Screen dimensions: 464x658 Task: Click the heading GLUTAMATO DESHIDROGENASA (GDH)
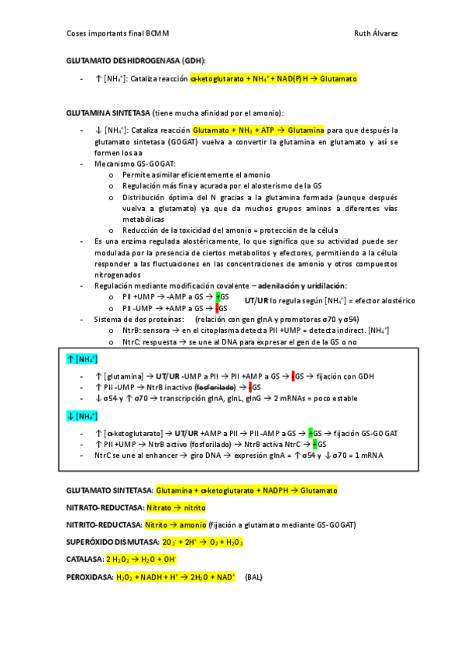pyautogui.click(x=136, y=61)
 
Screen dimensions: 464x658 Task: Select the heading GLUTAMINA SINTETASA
pyautogui.click(x=108, y=113)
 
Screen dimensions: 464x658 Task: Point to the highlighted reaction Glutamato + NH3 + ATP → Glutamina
pyautogui.click(x=258, y=130)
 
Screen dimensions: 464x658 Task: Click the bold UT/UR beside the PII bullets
pyautogui.click(x=256, y=300)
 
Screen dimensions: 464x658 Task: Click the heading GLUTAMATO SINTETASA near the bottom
pyautogui.click(x=109, y=491)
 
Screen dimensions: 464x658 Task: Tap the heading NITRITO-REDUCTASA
pyautogui.click(x=108, y=525)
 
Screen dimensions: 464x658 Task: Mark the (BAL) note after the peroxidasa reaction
pyautogui.click(x=253, y=578)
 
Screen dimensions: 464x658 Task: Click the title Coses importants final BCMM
pyautogui.click(x=118, y=33)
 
